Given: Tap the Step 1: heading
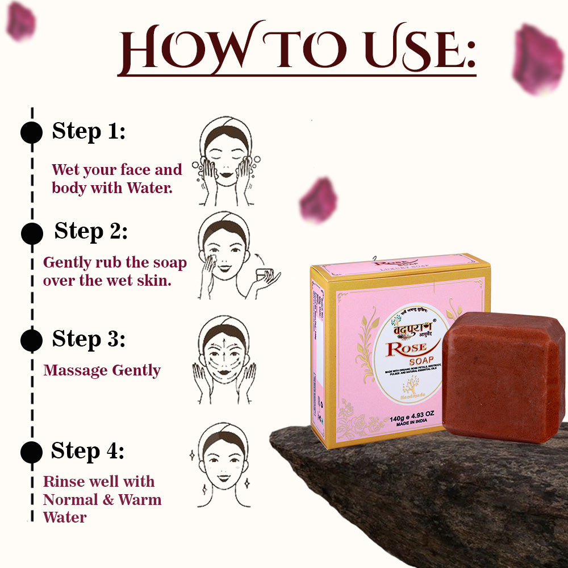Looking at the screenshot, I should pos(89,132).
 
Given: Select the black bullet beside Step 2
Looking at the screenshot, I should pos(32,233).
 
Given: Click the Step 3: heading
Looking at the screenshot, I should pos(89,339).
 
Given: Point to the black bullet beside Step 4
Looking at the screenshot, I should pos(32,452).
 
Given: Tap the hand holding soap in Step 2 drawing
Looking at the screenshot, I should pos(266,277).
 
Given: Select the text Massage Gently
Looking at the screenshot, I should pos(102,371).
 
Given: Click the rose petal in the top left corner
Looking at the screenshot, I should pos(21,22).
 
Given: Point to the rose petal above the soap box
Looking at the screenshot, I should pos(319,200).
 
